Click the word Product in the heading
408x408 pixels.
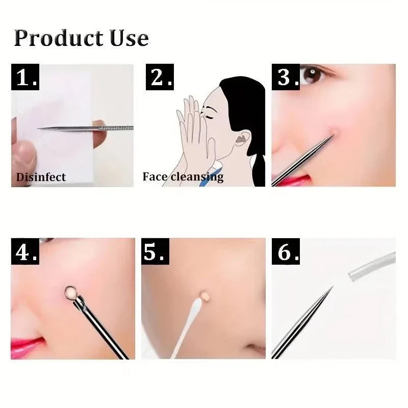(x=58, y=39)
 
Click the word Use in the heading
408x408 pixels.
(x=127, y=38)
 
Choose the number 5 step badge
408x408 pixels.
(x=156, y=252)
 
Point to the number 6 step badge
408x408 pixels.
(x=288, y=252)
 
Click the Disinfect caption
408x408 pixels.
(x=41, y=177)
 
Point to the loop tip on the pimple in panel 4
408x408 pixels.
(x=70, y=293)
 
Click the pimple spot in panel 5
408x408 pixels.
(x=206, y=295)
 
